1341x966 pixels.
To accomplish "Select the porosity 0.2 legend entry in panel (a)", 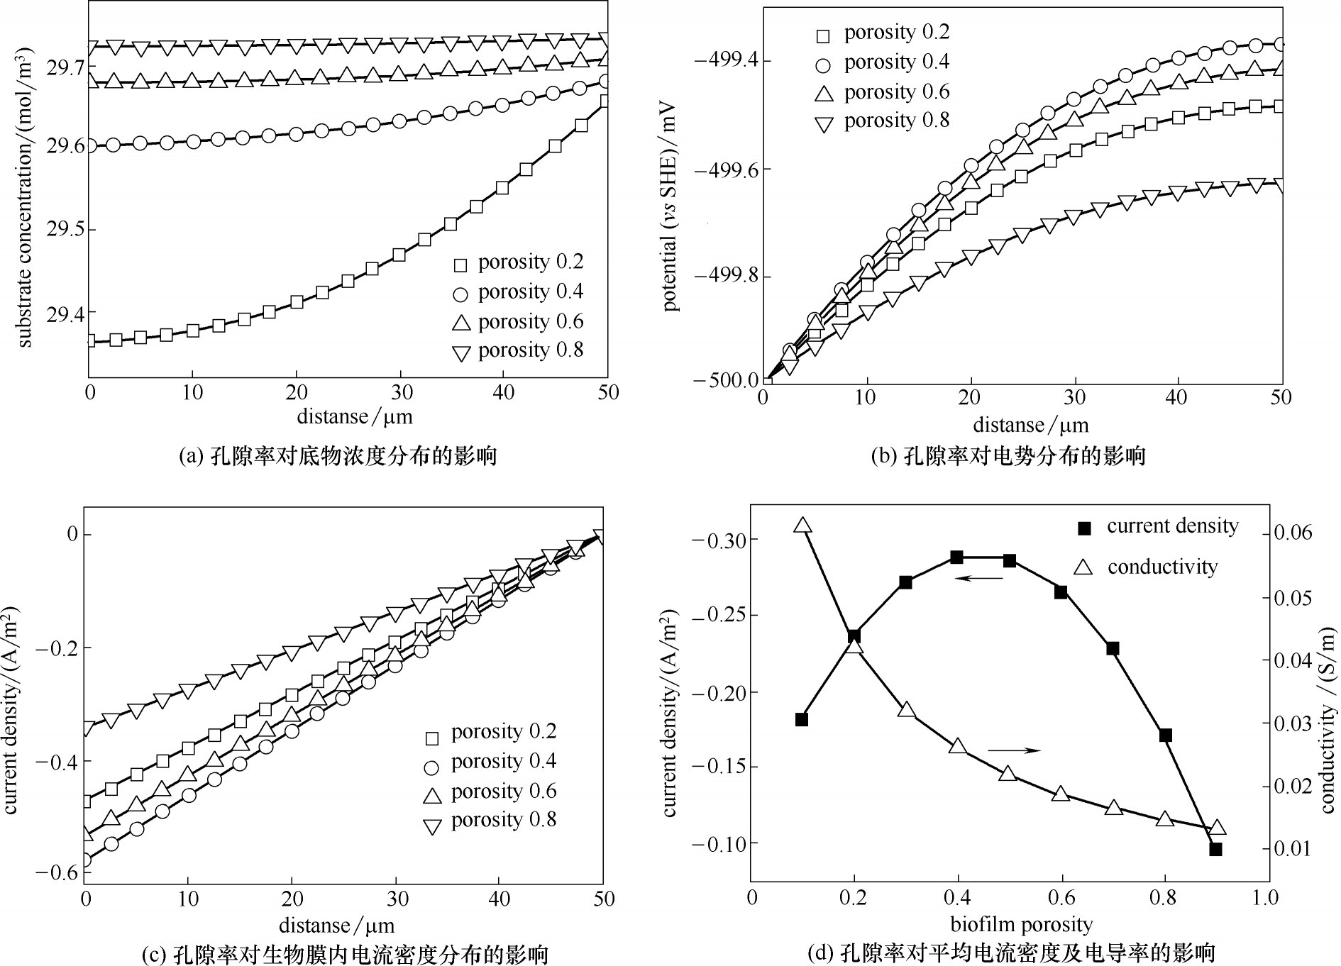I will coord(519,262).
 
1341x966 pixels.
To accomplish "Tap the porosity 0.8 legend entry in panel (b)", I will coord(883,121).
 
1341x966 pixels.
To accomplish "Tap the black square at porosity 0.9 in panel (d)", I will coord(1215,849).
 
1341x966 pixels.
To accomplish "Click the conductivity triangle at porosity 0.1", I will coord(802,526).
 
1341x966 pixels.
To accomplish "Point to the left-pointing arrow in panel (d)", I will coord(978,579).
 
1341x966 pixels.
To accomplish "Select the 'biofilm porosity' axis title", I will coord(1021,924).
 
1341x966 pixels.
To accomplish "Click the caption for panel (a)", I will coord(337,455).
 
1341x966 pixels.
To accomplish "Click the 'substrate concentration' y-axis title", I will coord(25,197).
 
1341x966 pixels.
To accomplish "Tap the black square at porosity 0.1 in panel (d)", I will coord(802,719).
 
